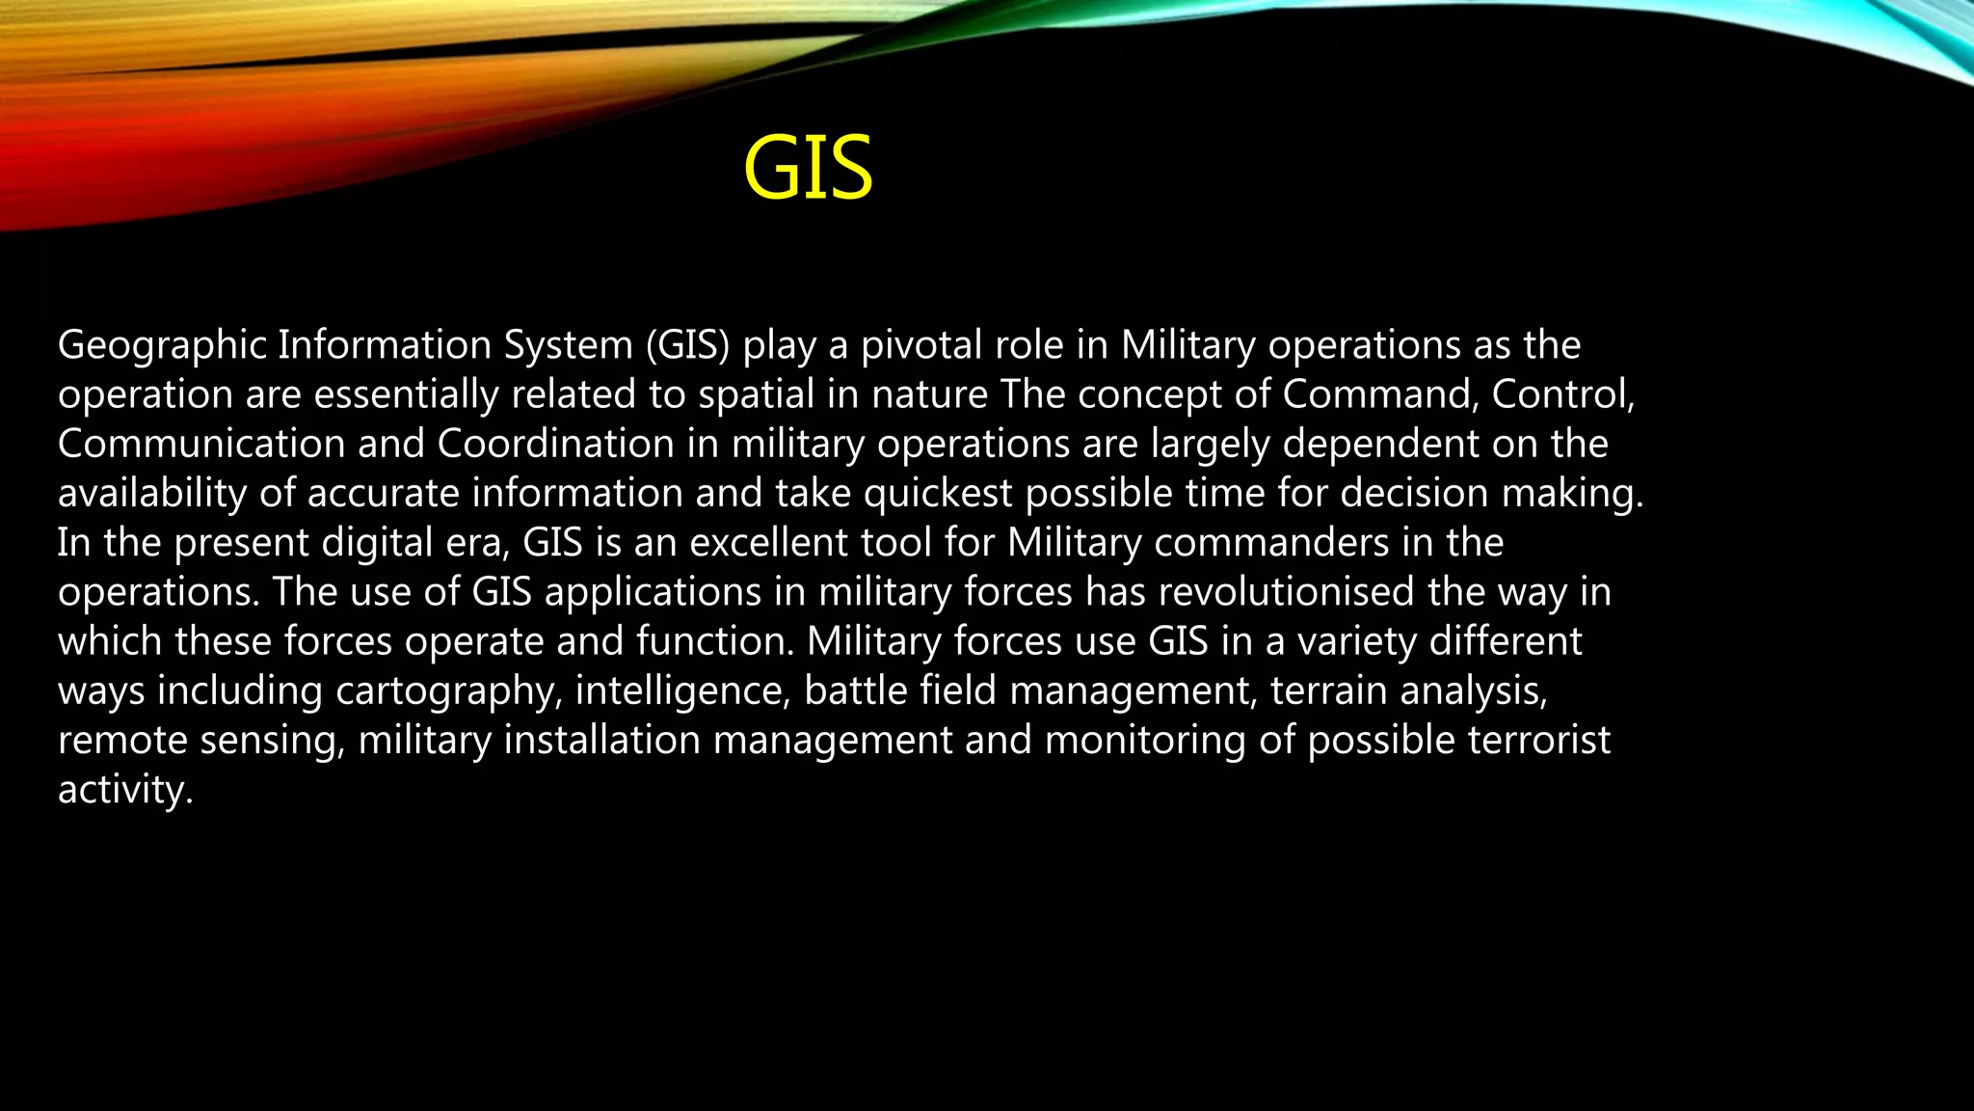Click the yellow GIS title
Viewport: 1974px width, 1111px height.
click(808, 169)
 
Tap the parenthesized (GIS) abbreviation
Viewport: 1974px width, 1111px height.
click(688, 346)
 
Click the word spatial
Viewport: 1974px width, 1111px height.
click(756, 395)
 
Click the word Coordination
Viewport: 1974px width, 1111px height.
click(555, 445)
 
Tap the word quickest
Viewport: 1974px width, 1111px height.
click(938, 494)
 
